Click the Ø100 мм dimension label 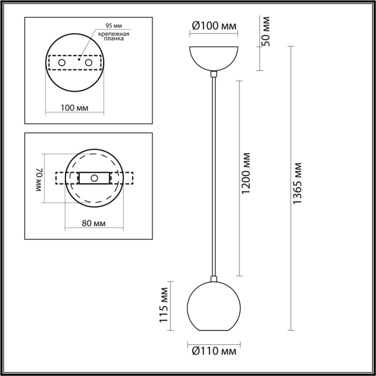[x=214, y=25]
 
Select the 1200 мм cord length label [x=246, y=173]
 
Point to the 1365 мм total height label [x=299, y=185]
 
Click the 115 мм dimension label [x=165, y=306]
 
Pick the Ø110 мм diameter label [x=214, y=352]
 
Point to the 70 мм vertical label [x=39, y=178]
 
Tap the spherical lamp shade [x=214, y=308]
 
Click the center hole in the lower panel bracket [x=95, y=178]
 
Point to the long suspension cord [x=214, y=177]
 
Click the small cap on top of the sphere [x=214, y=278]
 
